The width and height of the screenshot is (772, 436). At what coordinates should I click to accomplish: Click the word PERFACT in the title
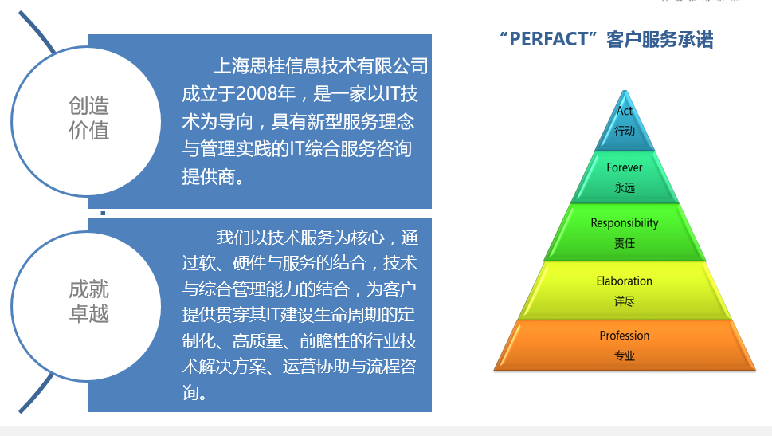(548, 39)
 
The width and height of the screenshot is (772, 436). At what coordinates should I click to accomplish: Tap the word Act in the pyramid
(625, 111)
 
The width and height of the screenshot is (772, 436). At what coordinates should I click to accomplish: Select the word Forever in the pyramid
(625, 167)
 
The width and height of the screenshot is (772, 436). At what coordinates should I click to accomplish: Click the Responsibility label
(625, 223)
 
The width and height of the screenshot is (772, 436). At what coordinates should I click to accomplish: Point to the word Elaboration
(625, 281)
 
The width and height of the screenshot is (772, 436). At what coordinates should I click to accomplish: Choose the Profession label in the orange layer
(625, 336)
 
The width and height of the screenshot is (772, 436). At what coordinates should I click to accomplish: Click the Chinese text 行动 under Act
(625, 131)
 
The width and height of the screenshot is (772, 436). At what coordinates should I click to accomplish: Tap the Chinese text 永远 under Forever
(625, 187)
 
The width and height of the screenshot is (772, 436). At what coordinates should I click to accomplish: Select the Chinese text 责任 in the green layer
(625, 243)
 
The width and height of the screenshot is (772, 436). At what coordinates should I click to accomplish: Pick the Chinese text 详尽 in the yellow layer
(625, 301)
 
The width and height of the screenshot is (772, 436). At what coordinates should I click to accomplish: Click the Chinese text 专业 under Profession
(625, 355)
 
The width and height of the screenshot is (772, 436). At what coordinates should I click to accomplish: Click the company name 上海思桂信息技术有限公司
(321, 66)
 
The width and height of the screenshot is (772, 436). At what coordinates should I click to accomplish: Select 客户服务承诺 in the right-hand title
(660, 39)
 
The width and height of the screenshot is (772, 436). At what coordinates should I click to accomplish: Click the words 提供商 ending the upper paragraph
(209, 177)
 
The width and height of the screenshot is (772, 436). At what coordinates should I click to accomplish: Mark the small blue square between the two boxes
(103, 214)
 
